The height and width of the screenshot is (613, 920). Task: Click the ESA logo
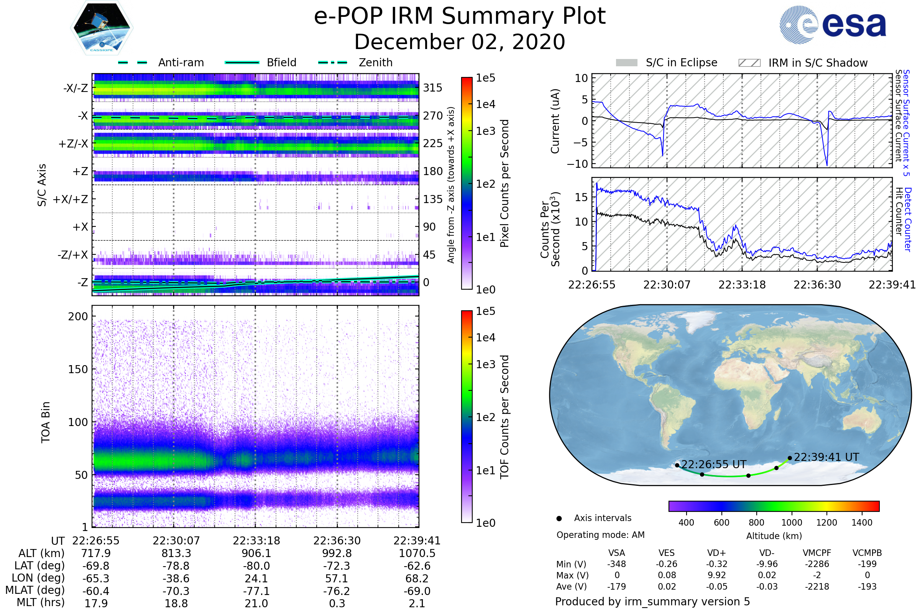coord(833,25)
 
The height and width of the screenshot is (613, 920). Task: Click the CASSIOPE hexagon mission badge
coord(102,28)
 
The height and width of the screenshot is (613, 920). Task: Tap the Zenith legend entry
coord(355,62)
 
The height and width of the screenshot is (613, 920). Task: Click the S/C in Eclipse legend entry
coord(667,62)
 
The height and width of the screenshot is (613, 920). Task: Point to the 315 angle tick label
coord(432,88)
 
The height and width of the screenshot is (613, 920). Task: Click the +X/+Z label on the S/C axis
coord(71,199)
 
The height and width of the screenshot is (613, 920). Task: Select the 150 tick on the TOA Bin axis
coord(78,369)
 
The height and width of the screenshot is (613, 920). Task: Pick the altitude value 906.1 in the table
coord(256,553)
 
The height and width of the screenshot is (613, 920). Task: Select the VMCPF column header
coord(817,553)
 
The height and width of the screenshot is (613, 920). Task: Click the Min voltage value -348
coord(616,564)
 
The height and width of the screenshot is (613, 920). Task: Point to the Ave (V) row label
coord(572,587)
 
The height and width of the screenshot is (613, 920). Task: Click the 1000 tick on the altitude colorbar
coord(792,522)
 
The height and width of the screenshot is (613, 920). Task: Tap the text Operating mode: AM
coord(600,535)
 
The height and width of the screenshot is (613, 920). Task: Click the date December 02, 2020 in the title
coord(460,42)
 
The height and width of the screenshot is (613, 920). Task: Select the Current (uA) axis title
coord(555,121)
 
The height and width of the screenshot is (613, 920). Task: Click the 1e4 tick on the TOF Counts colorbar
coord(485,338)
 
